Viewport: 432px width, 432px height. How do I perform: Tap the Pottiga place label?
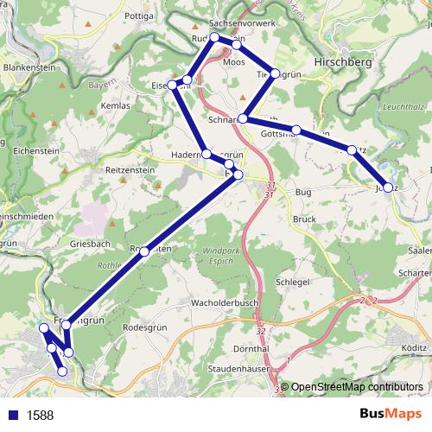click(x=139, y=16)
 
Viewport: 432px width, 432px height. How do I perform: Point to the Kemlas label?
click(x=115, y=105)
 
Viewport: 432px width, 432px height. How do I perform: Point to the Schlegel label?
click(x=291, y=283)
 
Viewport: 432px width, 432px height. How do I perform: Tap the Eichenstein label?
click(x=36, y=149)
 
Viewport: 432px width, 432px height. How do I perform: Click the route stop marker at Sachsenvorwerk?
click(x=214, y=38)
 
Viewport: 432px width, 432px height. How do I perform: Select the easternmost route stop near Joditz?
click(x=388, y=187)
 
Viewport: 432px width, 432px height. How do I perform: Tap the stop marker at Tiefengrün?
click(x=276, y=74)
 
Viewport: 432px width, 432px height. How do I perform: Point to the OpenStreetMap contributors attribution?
click(x=357, y=387)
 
